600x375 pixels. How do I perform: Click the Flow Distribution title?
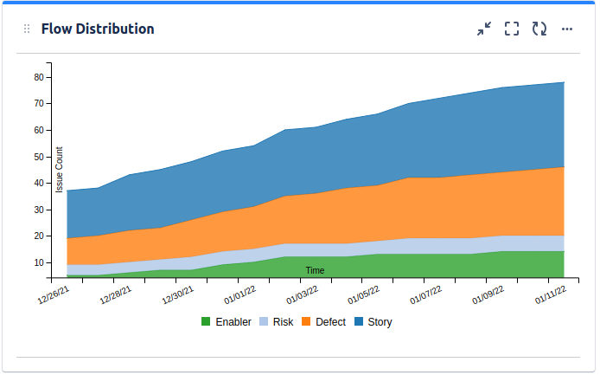[98, 29]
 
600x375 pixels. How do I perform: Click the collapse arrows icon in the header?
[484, 29]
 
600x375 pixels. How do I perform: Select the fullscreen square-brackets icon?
[512, 29]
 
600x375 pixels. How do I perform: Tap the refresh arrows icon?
[539, 29]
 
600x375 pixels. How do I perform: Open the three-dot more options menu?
[567, 29]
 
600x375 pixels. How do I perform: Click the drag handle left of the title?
[26, 29]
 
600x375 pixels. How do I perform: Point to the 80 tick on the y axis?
[39, 77]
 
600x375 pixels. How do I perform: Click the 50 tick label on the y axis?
[39, 157]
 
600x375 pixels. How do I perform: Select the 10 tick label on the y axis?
[39, 262]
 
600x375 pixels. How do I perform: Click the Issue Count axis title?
[60, 169]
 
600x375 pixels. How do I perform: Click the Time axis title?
[315, 270]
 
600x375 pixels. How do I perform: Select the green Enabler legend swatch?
[206, 322]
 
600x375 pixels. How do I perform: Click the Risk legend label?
[283, 322]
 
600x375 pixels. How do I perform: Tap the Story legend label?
[380, 322]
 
